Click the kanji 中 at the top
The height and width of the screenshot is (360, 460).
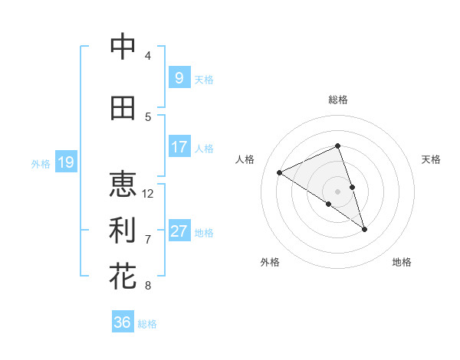123,47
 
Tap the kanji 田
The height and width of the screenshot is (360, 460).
123,109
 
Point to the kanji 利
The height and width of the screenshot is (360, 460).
123,230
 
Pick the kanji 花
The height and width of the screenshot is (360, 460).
123,277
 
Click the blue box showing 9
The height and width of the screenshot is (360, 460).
179,77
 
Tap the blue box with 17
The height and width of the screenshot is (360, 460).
179,147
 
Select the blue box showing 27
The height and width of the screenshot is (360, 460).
179,231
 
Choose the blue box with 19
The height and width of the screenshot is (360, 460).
65,162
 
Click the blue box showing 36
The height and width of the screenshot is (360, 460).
123,322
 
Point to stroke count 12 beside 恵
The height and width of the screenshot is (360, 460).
149,194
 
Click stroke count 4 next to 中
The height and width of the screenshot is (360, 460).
148,56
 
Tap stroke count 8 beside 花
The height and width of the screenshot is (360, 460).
148,286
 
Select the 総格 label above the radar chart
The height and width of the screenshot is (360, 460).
338,100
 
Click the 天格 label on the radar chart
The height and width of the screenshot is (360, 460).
431,159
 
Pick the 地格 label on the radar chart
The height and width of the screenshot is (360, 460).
402,262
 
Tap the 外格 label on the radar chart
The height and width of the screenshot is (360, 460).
270,262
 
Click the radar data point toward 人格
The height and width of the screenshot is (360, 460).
280,172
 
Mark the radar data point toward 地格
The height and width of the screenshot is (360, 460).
364,229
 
